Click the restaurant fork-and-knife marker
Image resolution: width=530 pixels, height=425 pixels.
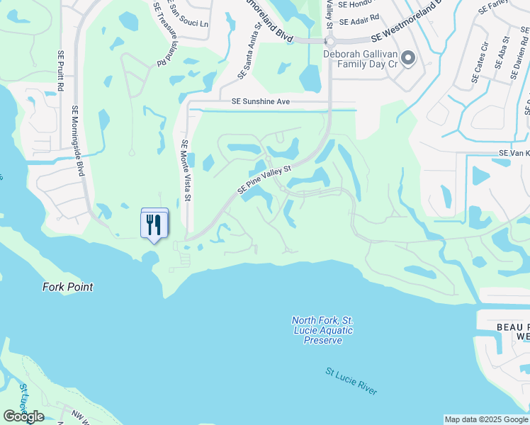tap(154, 225)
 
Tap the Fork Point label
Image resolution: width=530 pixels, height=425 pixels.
tap(68, 287)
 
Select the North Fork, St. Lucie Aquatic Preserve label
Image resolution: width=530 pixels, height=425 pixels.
tap(322, 330)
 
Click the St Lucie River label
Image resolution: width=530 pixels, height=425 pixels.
tap(351, 381)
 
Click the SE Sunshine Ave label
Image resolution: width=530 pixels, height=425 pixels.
tap(261, 102)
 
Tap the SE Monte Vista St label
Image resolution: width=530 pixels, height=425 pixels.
tap(186, 171)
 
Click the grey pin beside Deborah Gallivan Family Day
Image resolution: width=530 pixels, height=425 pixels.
tap(407, 59)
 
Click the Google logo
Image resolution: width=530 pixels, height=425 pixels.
tap(23, 416)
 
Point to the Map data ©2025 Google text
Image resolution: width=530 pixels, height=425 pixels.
tap(486, 419)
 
